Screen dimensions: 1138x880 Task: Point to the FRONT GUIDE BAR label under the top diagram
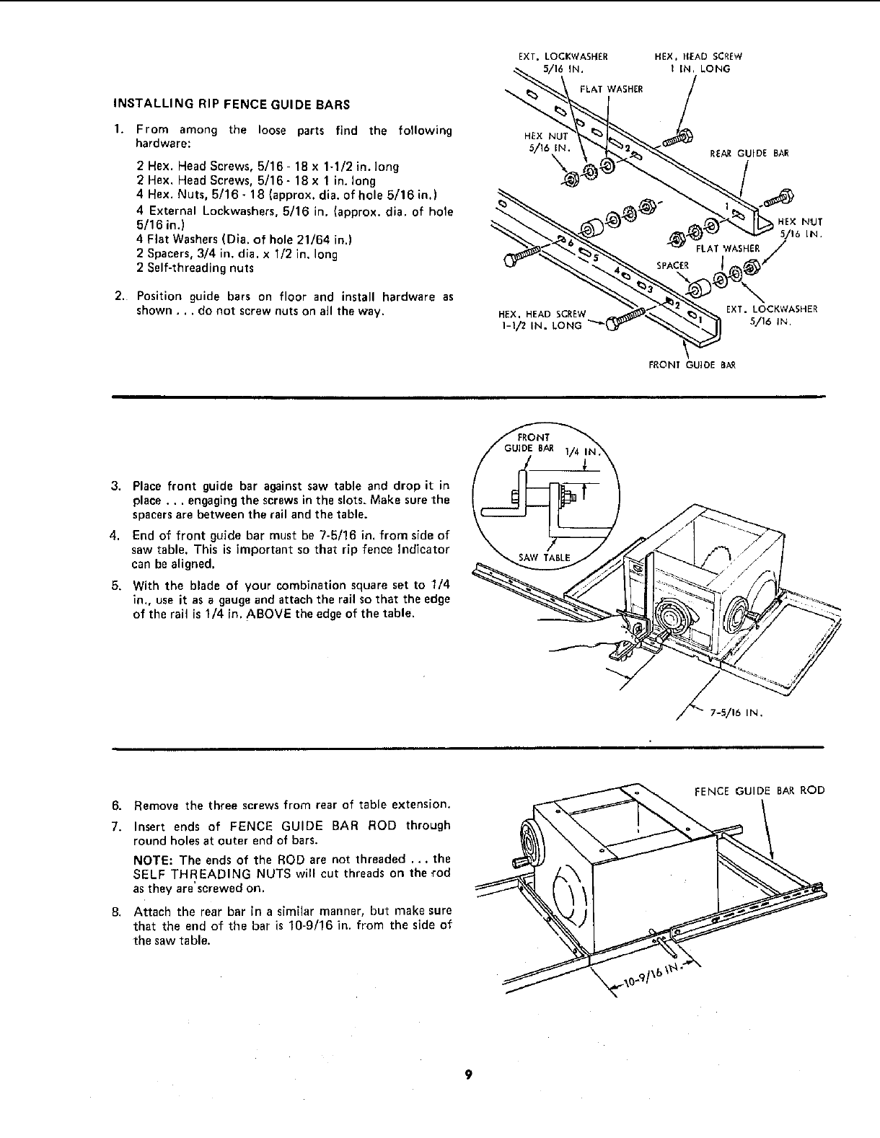[692, 365]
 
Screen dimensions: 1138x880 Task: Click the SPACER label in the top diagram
[671, 265]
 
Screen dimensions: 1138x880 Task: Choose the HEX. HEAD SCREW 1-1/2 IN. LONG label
[540, 319]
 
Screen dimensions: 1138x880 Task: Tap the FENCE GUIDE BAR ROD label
[759, 790]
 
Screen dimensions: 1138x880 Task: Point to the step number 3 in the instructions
[115, 485]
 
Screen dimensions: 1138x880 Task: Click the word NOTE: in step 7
[154, 859]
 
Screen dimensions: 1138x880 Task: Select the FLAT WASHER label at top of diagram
[610, 89]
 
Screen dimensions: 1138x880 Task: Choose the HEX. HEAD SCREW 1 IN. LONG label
[698, 63]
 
